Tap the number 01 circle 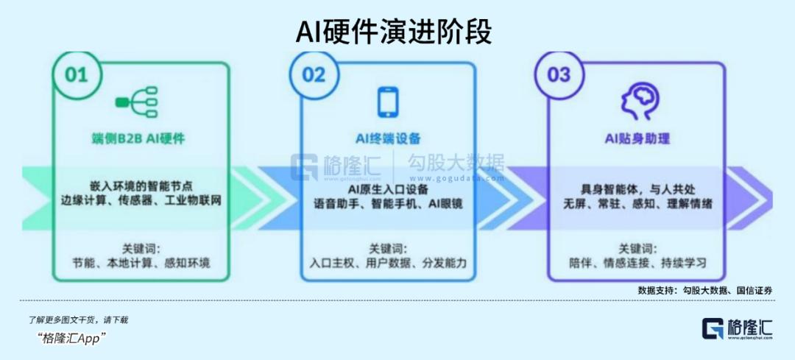pos(76,74)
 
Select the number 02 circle pos(314,74)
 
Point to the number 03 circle pos(559,74)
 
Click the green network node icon pos(136,103)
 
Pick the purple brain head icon pos(637,102)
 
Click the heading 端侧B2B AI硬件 pos(140,138)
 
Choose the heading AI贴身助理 pos(637,138)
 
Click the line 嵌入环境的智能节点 pos(141,186)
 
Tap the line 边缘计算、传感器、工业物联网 pos(141,201)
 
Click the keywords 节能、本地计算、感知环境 pos(141,263)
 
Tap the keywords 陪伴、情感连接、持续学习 pos(637,263)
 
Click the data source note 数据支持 pos(704,291)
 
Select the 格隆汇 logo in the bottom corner pos(737,328)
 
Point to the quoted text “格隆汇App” pos(72,337)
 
